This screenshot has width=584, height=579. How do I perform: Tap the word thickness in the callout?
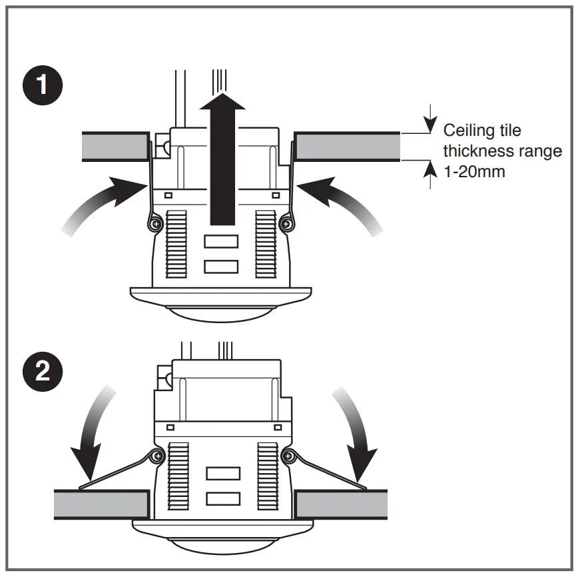(x=476, y=151)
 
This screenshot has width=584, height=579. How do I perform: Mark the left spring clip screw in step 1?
(x=155, y=224)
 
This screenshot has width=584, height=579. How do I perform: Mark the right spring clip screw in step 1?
(x=286, y=224)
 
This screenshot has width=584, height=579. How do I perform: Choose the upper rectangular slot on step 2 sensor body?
(x=222, y=473)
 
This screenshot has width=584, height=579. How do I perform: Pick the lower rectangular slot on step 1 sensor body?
(x=222, y=266)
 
